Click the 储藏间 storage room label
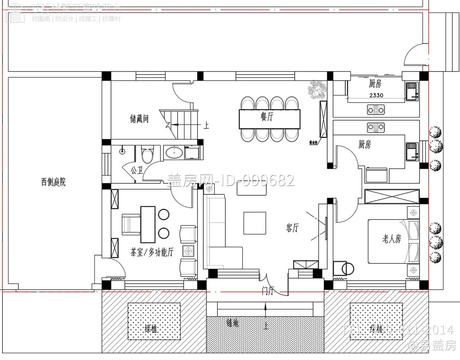139,119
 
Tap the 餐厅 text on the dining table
267,118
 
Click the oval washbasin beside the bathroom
174,152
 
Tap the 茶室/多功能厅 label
152,252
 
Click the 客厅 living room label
292,228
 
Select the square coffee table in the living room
255,223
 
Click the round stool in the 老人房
348,268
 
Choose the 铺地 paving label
233,323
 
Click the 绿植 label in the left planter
151,329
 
